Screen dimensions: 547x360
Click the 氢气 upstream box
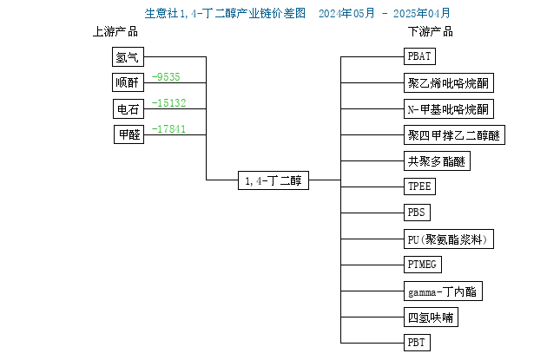click(x=128, y=56)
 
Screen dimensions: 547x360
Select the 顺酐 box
click(x=128, y=82)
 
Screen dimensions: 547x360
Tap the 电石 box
click(x=129, y=108)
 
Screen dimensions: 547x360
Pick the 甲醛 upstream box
click(x=129, y=134)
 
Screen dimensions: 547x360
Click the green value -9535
click(x=166, y=76)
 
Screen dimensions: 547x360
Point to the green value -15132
click(x=169, y=103)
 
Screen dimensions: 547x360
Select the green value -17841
click(x=168, y=129)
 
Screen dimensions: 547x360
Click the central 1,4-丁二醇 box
click(x=273, y=180)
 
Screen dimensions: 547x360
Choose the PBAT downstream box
click(x=419, y=56)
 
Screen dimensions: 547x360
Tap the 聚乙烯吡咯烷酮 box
click(x=449, y=83)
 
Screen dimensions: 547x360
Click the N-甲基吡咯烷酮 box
click(x=449, y=109)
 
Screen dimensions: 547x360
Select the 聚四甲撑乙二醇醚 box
click(x=454, y=134)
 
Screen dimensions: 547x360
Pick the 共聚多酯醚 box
click(x=437, y=161)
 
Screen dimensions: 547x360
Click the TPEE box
click(x=419, y=187)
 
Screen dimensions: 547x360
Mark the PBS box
click(x=417, y=213)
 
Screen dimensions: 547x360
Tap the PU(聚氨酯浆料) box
click(x=449, y=239)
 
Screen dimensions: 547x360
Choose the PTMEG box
click(x=423, y=265)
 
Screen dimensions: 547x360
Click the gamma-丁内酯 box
click(x=443, y=291)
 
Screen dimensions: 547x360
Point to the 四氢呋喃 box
click(x=431, y=317)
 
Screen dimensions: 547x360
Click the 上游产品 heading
click(x=115, y=32)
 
